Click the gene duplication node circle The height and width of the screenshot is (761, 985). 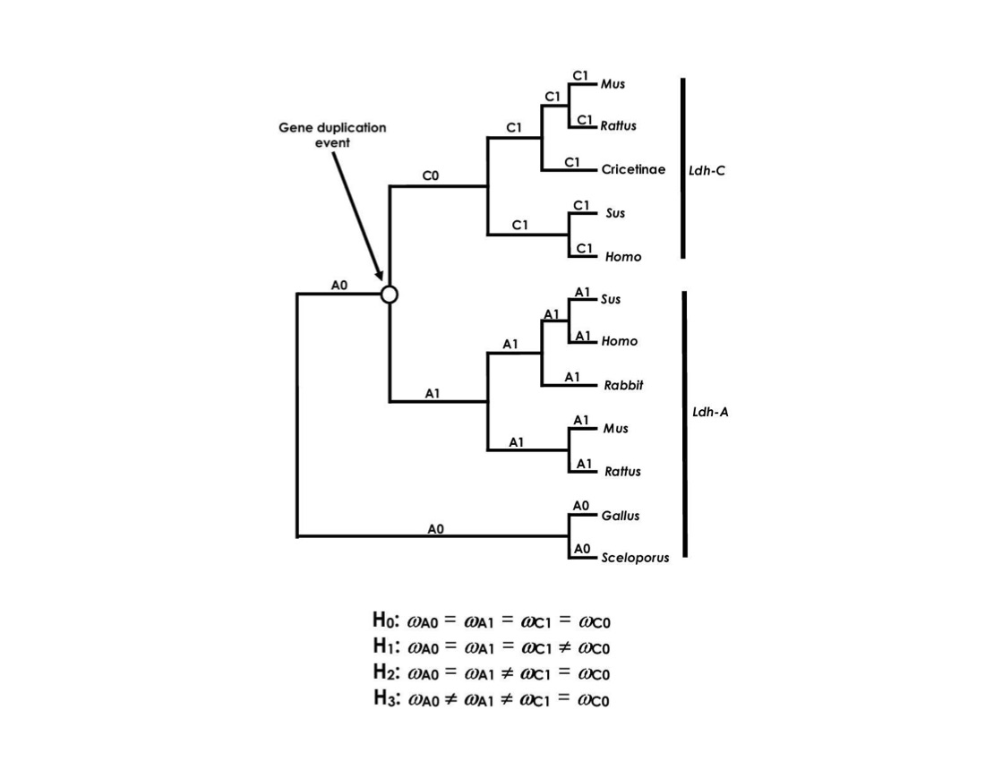click(389, 294)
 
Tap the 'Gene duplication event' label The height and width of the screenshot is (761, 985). click(332, 134)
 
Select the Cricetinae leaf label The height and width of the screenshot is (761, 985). click(633, 169)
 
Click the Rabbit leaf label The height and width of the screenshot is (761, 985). click(624, 385)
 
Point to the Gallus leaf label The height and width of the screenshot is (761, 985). click(621, 516)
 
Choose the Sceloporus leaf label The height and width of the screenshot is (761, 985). click(635, 558)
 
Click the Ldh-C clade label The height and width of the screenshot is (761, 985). click(707, 170)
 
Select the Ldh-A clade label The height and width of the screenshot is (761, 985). click(710, 413)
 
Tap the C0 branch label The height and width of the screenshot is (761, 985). click(431, 176)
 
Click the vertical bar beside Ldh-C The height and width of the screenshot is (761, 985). click(683, 168)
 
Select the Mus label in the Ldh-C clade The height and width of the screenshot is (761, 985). click(613, 84)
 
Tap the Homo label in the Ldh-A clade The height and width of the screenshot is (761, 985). click(620, 341)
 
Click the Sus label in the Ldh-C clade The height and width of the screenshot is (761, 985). click(615, 213)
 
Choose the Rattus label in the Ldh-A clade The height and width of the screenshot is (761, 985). click(622, 472)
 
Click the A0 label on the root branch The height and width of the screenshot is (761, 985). click(339, 285)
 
